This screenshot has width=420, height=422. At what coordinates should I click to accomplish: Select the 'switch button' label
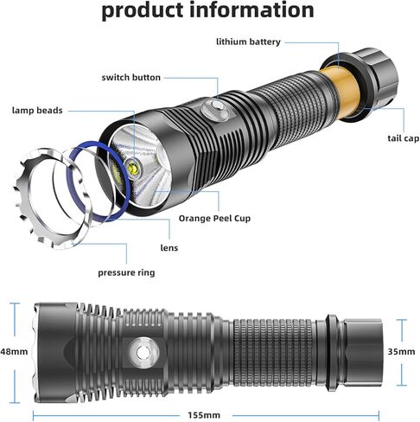coord(130,77)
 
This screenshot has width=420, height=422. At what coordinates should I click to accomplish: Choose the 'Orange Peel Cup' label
coord(213,218)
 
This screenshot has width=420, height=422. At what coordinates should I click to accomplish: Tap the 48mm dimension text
coord(13,353)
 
